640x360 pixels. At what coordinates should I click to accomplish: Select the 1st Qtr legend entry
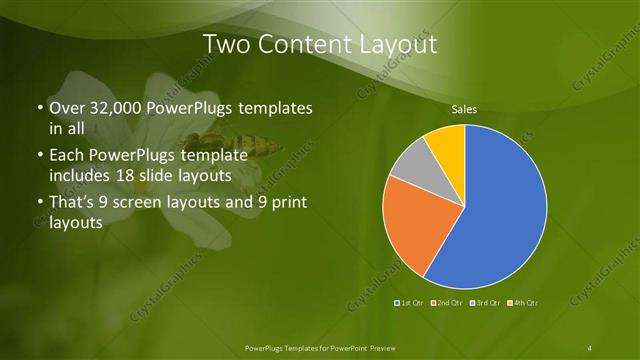(411, 302)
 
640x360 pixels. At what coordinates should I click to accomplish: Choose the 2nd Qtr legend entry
(447, 302)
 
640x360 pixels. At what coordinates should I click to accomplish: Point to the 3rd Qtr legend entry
(485, 302)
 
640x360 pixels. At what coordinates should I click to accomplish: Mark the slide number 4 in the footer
(591, 347)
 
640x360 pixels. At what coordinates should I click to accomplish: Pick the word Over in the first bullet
(66, 108)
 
